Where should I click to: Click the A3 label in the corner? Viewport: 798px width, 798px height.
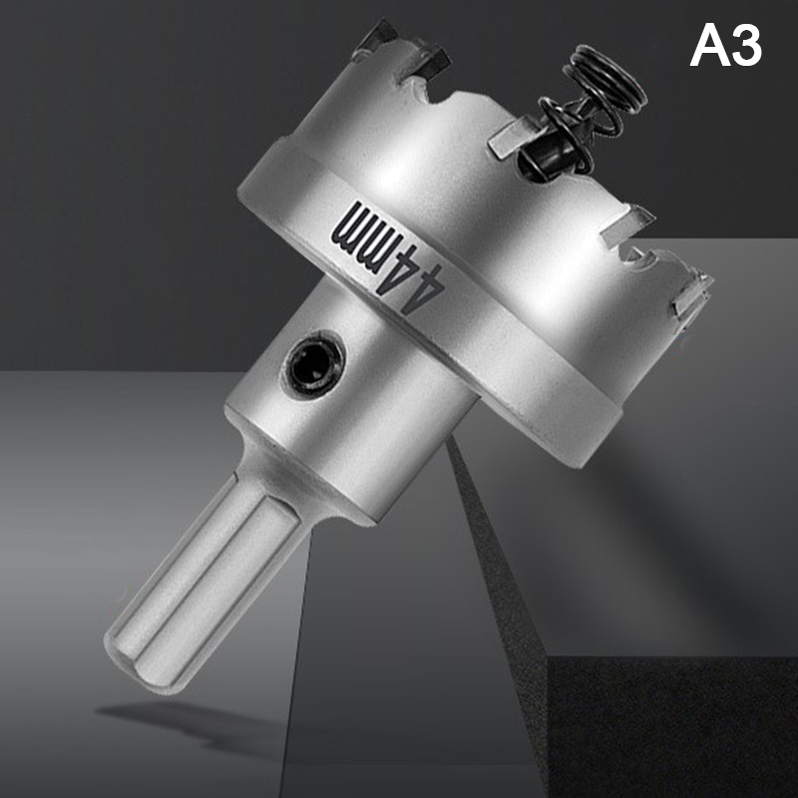(726, 46)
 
